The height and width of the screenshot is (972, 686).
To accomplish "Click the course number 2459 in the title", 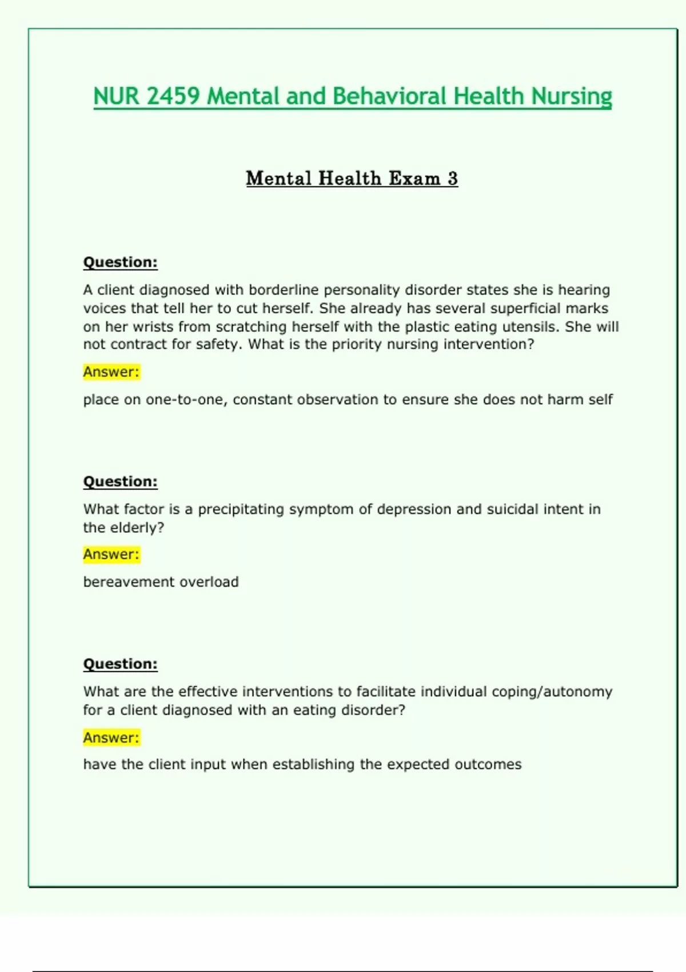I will tap(173, 96).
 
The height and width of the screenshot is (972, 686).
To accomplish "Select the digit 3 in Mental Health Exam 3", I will tap(452, 178).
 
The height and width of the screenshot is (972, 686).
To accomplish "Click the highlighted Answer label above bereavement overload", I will tap(111, 554).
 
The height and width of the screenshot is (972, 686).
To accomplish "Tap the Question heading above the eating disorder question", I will tap(120, 664).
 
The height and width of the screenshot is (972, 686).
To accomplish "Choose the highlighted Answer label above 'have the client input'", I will tap(111, 738).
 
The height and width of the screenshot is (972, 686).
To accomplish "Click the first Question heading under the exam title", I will tap(120, 262).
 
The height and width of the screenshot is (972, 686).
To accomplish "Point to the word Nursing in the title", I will tap(571, 96).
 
